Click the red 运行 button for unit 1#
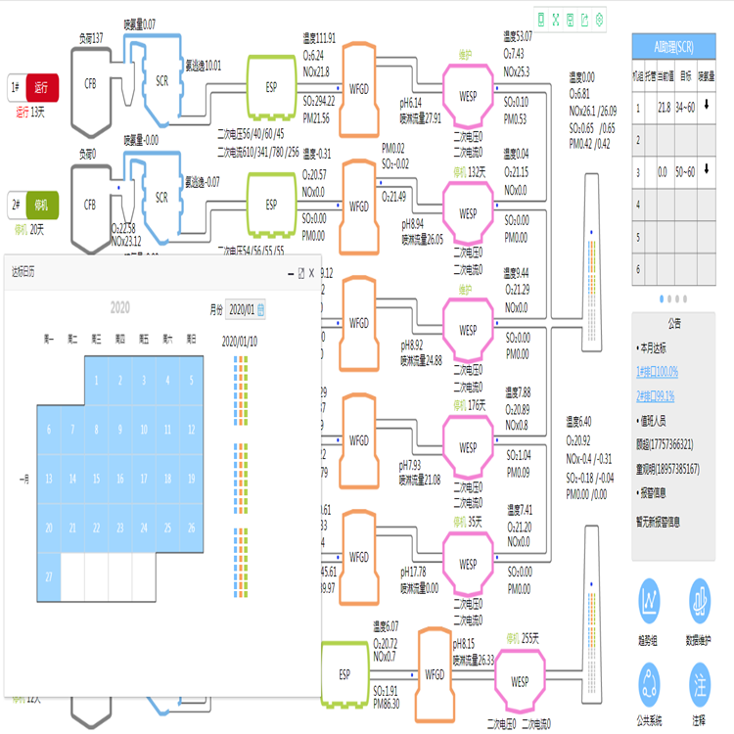(43, 87)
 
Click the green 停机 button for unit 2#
(43, 205)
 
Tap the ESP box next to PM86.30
(344, 674)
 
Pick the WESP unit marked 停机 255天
(519, 681)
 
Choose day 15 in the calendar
(96, 480)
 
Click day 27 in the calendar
(48, 576)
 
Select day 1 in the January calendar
(96, 381)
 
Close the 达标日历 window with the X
(311, 274)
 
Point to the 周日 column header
(191, 339)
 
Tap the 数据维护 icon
(699, 597)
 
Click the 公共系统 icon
(651, 681)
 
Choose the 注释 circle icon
(699, 681)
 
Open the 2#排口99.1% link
(656, 395)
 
